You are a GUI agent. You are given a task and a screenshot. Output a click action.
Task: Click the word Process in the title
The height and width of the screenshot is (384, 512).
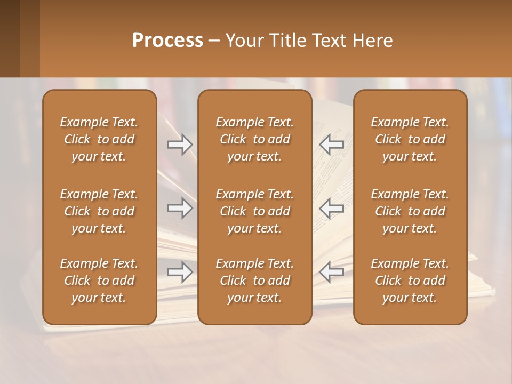point(167,41)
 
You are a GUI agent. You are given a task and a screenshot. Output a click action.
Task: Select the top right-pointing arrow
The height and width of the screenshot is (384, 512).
point(180,145)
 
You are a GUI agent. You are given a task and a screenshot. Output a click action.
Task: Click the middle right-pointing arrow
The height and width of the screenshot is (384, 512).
point(180,208)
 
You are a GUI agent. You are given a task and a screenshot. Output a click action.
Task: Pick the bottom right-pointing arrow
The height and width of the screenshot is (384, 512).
point(180,272)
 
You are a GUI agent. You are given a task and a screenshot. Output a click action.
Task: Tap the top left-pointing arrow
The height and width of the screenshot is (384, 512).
point(331,145)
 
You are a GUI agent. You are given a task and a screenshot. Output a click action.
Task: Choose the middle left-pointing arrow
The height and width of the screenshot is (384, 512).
point(331,208)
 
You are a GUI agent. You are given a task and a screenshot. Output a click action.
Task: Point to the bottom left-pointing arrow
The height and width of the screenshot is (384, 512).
point(331,272)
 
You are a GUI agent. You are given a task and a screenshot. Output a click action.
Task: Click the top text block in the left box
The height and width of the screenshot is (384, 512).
point(99,139)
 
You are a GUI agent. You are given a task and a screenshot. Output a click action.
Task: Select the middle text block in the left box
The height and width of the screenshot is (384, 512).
point(99,211)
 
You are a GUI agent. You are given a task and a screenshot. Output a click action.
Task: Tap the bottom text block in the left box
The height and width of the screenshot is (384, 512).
point(99,281)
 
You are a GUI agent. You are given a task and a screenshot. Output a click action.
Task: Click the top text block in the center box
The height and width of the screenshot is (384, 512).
point(254,139)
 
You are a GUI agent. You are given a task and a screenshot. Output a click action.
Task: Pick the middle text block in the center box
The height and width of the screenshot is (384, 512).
point(254,211)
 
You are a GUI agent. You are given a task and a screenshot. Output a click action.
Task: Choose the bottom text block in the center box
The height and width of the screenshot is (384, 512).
point(254,281)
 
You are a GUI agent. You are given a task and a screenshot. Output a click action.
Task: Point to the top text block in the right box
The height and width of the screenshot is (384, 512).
point(410,139)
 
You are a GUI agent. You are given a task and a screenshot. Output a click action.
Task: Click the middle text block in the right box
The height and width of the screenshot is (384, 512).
point(410,211)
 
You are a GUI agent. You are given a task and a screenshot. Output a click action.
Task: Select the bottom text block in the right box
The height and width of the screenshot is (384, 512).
point(410,281)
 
